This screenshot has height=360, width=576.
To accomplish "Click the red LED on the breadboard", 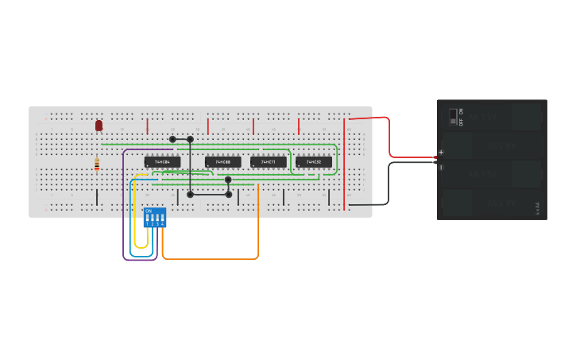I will click(99, 126).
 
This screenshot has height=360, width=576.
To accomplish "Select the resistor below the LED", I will click(97, 165).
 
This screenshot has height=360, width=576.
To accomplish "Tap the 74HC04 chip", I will click(162, 162).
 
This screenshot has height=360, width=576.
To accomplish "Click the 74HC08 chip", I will click(223, 162).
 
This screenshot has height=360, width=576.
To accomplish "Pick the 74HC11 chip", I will click(269, 162).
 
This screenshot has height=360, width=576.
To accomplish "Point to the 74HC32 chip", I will click(314, 162).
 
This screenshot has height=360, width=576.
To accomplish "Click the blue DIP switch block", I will click(155, 218).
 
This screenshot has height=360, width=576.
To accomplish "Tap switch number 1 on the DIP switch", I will click(147, 219).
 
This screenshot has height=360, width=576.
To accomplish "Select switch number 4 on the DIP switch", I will click(162, 219).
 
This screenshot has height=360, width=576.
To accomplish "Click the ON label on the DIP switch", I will click(149, 211).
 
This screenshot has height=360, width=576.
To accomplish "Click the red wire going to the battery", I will click(390, 139).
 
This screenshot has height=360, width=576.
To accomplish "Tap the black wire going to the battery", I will click(390, 183).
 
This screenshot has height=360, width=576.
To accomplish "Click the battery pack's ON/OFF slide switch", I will click(453, 117).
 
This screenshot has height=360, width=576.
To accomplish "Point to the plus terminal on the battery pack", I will click(441, 152).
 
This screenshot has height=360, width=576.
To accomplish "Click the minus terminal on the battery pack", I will click(441, 167).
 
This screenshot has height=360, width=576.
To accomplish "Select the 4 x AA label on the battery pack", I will click(538, 209).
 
